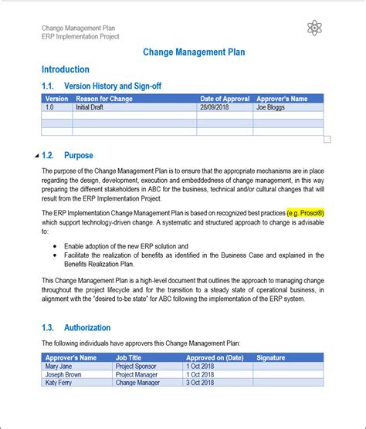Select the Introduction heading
click(x=66, y=69)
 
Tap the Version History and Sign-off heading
click(x=113, y=86)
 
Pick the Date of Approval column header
click(x=224, y=99)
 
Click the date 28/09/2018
click(x=214, y=107)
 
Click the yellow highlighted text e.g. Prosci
click(x=305, y=212)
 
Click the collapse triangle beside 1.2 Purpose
click(x=37, y=156)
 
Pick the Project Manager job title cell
click(x=140, y=373)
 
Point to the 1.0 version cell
click(x=50, y=107)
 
